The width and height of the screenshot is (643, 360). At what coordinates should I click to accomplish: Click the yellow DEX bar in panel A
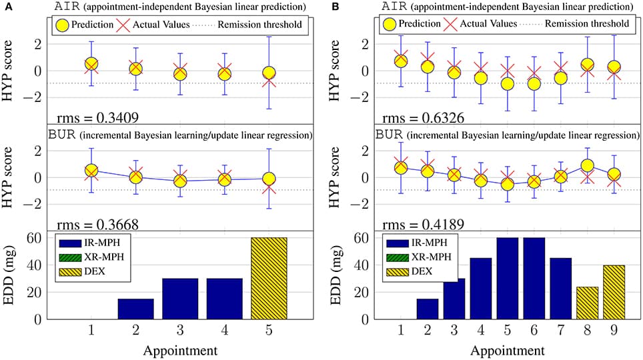tap(269, 278)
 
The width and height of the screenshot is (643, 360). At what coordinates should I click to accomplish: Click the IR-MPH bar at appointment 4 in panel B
tap(480, 288)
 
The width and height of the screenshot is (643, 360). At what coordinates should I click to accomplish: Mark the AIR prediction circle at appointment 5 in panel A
tap(269, 73)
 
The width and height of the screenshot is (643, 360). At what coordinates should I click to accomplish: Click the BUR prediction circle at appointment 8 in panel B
tap(587, 165)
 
